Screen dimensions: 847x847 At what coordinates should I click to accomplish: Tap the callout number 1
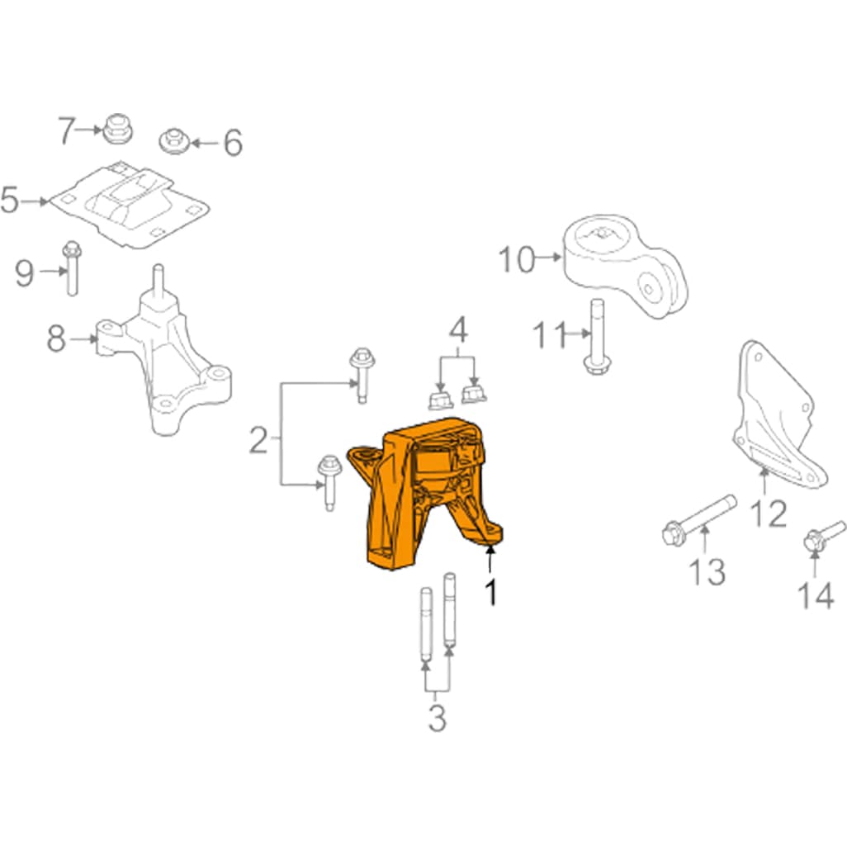pos(490,593)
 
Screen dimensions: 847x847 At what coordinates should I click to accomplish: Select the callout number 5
pos(10,201)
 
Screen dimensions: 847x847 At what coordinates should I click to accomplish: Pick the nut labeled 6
pos(175,140)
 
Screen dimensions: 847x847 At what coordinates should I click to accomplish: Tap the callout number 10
pos(516,260)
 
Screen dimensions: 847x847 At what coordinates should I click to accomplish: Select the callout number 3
pos(437,719)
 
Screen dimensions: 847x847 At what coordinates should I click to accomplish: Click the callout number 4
pos(457,331)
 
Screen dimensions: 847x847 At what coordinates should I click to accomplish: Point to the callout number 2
pos(258,442)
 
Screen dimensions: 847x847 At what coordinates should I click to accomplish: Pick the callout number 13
pos(708,571)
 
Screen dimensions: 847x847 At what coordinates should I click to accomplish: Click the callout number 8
pos(56,338)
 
